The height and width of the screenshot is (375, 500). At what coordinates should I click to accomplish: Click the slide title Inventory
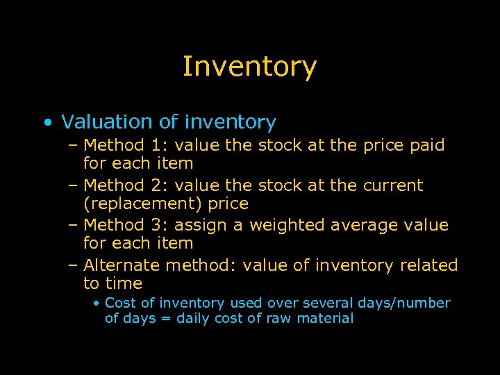point(249,67)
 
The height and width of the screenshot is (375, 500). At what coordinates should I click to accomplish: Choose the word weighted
point(287,225)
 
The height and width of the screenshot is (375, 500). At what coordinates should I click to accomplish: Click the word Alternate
point(122,265)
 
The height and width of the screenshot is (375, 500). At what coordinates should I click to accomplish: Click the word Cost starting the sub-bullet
point(120,303)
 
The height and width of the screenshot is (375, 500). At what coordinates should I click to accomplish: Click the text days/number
point(404,303)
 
